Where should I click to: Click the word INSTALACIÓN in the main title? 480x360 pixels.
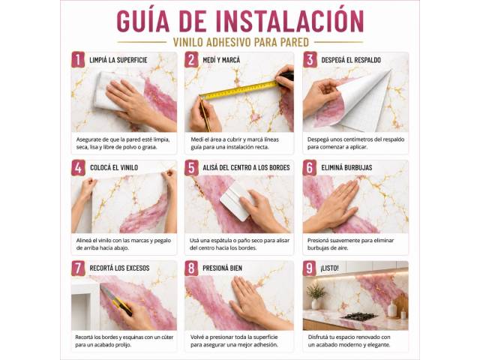[x=289, y=21]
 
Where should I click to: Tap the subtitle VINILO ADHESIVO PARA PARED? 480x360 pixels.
[x=241, y=42]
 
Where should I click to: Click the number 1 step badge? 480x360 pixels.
[x=78, y=60]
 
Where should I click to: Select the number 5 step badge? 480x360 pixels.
[x=191, y=168]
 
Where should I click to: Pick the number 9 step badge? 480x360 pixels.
[x=309, y=268]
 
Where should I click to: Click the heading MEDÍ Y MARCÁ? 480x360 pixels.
[x=221, y=60]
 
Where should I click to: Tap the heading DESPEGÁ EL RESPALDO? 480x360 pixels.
[x=351, y=60]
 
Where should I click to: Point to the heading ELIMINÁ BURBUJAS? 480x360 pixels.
[x=346, y=168]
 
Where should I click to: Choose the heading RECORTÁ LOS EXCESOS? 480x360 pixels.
[x=119, y=268]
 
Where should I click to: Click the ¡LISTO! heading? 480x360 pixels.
[x=329, y=268]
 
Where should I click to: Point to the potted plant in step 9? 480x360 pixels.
[x=316, y=295]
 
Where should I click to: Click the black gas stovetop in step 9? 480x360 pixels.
[x=359, y=316]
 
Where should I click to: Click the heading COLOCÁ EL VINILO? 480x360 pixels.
[x=114, y=168]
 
